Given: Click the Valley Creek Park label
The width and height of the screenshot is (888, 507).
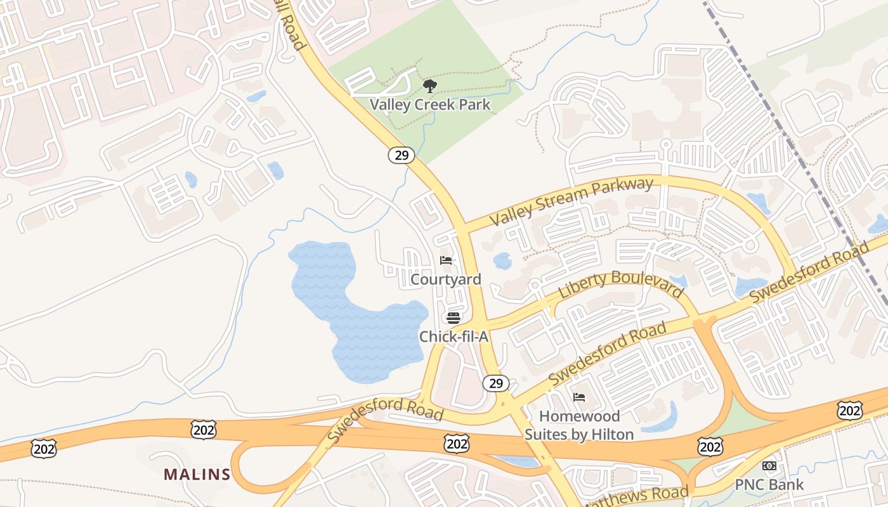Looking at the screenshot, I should pos(430,105).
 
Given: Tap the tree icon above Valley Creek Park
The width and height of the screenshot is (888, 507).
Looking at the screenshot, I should pos(430,86).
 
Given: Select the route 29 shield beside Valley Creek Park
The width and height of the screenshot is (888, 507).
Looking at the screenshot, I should pos(402,155).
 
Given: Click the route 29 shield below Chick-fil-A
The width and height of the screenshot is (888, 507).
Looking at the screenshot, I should pos(496,383).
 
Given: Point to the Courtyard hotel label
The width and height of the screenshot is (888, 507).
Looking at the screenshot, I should pos(446,279).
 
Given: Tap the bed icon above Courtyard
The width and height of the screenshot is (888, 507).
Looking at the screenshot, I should pos(446,260).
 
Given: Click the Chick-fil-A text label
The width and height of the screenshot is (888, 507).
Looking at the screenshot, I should pos(454,337).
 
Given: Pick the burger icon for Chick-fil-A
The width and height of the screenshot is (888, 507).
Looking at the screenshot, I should pos(453,318).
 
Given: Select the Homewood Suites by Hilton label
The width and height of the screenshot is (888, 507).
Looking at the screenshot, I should pos(578,425).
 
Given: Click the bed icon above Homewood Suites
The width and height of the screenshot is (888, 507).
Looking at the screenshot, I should pos(578,397).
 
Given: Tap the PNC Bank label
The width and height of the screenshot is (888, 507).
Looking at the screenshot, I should pos(769,485).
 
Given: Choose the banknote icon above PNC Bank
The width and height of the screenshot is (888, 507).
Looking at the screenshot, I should pos(769,466).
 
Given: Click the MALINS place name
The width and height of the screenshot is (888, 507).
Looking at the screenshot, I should pos(197,474).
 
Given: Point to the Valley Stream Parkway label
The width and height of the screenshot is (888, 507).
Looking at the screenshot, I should pos(571,202).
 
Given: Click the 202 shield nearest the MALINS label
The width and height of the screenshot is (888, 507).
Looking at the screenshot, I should pos(203,430).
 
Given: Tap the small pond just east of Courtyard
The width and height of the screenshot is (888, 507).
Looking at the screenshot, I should pos(502,260).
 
